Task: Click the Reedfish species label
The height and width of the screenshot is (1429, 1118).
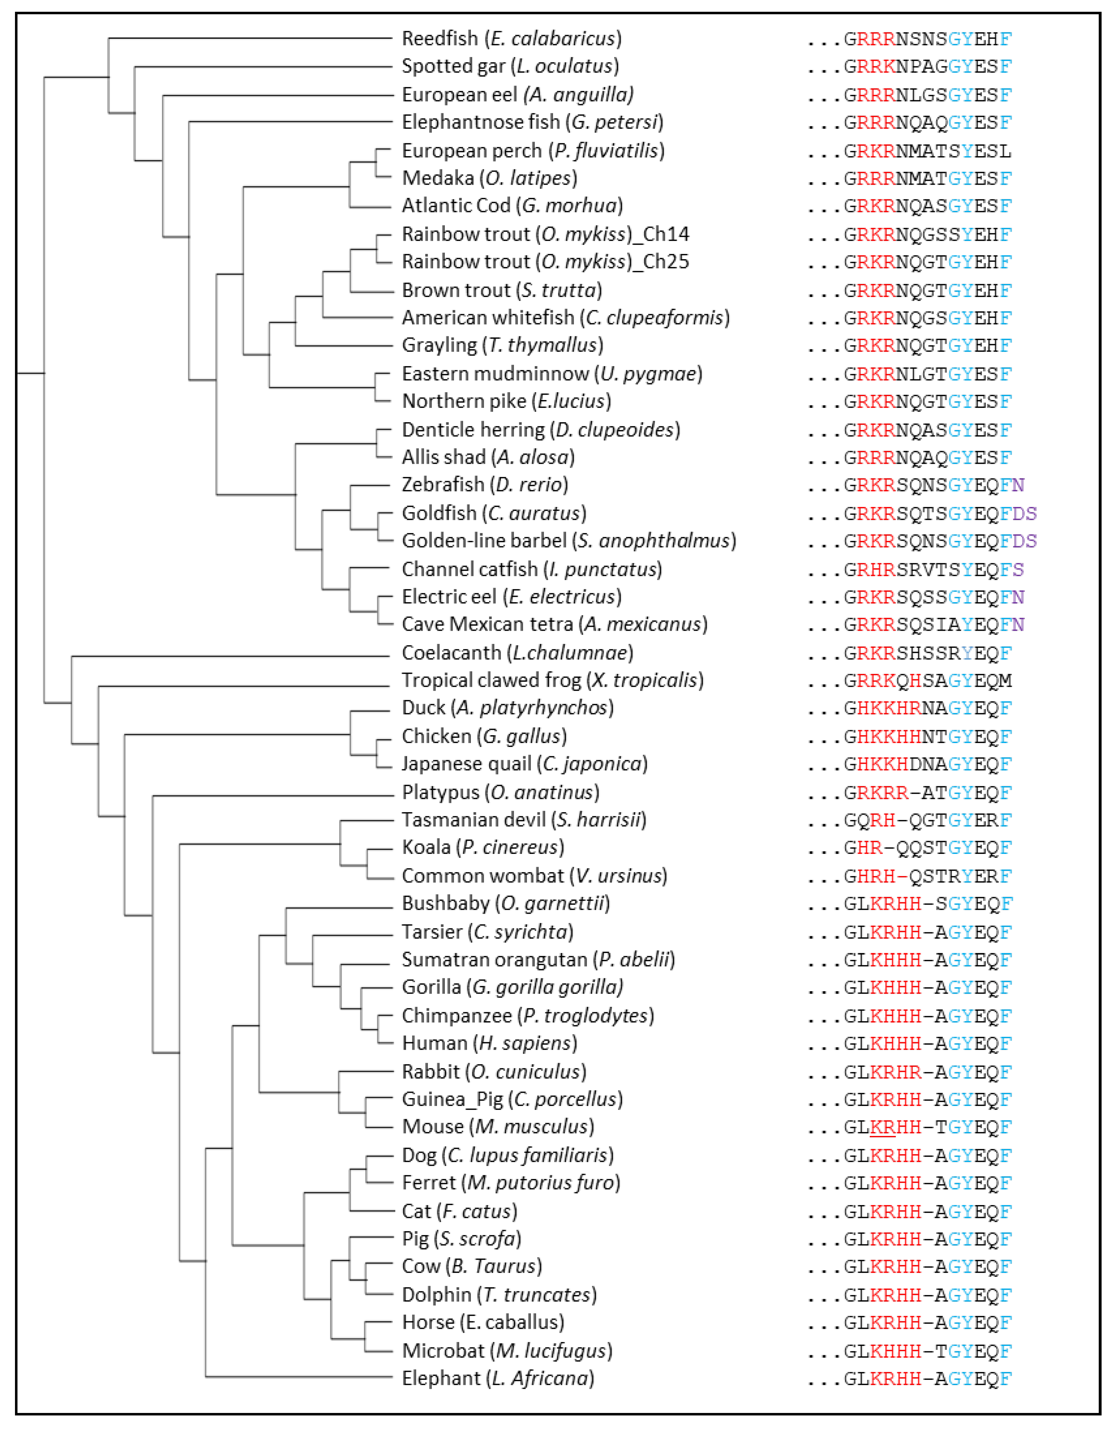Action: pyautogui.click(x=511, y=39)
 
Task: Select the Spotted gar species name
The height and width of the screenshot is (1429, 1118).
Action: pyautogui.click(x=510, y=66)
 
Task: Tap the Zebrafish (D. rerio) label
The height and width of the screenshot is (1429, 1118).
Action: pyautogui.click(x=484, y=485)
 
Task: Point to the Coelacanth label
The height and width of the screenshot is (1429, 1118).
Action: pyautogui.click(x=517, y=652)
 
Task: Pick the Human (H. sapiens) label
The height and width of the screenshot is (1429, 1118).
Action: pyautogui.click(x=489, y=1043)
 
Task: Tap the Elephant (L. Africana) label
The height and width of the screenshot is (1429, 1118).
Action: pyautogui.click(x=498, y=1379)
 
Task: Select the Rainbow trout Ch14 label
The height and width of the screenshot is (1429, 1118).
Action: pyautogui.click(x=545, y=234)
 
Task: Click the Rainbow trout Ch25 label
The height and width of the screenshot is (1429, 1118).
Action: pyautogui.click(x=545, y=262)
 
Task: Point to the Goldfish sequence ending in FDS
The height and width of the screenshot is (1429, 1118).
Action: pyautogui.click(x=940, y=514)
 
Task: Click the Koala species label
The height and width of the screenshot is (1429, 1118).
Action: pyautogui.click(x=482, y=847)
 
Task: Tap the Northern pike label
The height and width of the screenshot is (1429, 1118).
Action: pyautogui.click(x=506, y=401)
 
